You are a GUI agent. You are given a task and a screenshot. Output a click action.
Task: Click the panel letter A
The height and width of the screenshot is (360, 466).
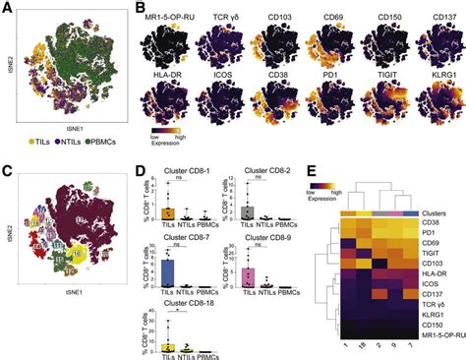point(7,7)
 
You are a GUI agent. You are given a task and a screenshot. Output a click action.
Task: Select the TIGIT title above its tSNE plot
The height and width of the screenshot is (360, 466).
point(385,84)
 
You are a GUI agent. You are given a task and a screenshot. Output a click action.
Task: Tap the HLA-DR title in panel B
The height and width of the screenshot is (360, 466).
point(167,84)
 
